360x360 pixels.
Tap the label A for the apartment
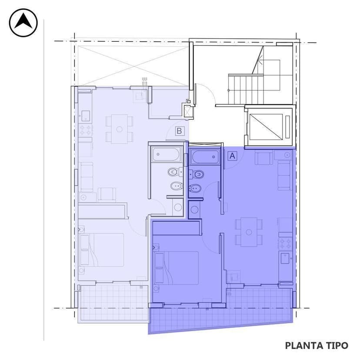click(x=233, y=156)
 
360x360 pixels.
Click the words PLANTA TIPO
click(x=317, y=346)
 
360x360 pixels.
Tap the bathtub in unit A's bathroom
click(x=205, y=157)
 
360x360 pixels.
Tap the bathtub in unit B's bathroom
click(x=166, y=154)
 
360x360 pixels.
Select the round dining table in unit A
click(x=249, y=232)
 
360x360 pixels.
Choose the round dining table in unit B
click(x=119, y=129)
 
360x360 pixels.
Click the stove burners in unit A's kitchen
click(x=285, y=242)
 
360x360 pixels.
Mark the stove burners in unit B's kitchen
click(x=85, y=130)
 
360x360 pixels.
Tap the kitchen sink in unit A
click(x=285, y=258)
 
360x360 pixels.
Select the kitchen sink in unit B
click(x=85, y=115)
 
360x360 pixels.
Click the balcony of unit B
click(x=113, y=303)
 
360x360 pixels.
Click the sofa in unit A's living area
click(x=285, y=175)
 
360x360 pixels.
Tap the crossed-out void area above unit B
click(x=129, y=65)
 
